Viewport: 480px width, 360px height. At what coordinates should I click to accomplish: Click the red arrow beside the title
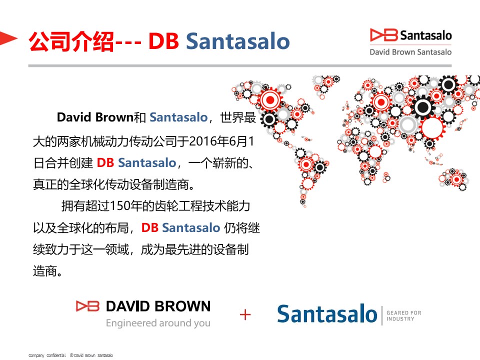[x=7, y=38]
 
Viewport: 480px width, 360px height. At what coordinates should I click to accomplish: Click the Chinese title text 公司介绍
[x=71, y=41]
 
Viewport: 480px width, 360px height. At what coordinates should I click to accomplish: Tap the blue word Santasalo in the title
[x=238, y=41]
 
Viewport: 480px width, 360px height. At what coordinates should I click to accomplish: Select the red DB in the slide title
[x=163, y=41]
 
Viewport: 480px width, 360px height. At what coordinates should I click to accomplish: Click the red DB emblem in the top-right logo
[x=383, y=35]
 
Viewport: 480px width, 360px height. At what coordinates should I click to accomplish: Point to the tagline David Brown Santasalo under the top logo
[x=410, y=52]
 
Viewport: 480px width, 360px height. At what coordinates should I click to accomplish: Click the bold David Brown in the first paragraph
[x=95, y=117]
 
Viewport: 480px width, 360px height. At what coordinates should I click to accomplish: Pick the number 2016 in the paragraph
[x=203, y=141]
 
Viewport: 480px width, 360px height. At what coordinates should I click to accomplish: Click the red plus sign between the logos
[x=245, y=314]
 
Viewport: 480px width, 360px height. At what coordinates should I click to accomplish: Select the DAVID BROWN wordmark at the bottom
[x=158, y=306]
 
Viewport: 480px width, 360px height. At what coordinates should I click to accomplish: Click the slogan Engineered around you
[x=158, y=323]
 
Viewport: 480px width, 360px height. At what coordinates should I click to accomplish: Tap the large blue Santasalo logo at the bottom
[x=327, y=314]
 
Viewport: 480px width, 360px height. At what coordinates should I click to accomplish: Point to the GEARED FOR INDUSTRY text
[x=404, y=315]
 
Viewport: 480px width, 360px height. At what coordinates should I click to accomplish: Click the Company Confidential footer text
[x=47, y=355]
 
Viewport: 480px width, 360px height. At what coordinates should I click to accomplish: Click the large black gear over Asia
[x=423, y=107]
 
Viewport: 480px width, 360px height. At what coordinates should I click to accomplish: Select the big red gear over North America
[x=270, y=100]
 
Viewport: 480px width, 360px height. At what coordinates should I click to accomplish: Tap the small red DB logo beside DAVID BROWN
[x=87, y=306]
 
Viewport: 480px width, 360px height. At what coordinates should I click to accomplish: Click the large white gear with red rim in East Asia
[x=432, y=127]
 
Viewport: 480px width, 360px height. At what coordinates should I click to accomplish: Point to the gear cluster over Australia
[x=453, y=179]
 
